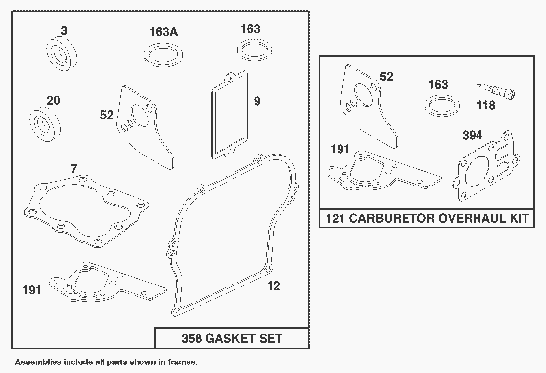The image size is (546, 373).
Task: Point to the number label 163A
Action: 164,33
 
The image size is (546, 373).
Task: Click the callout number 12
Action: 273,286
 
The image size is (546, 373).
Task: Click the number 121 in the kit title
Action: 335,219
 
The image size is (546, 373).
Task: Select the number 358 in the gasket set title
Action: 191,339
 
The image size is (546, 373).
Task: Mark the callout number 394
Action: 472,135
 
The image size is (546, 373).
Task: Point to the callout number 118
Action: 485,105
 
